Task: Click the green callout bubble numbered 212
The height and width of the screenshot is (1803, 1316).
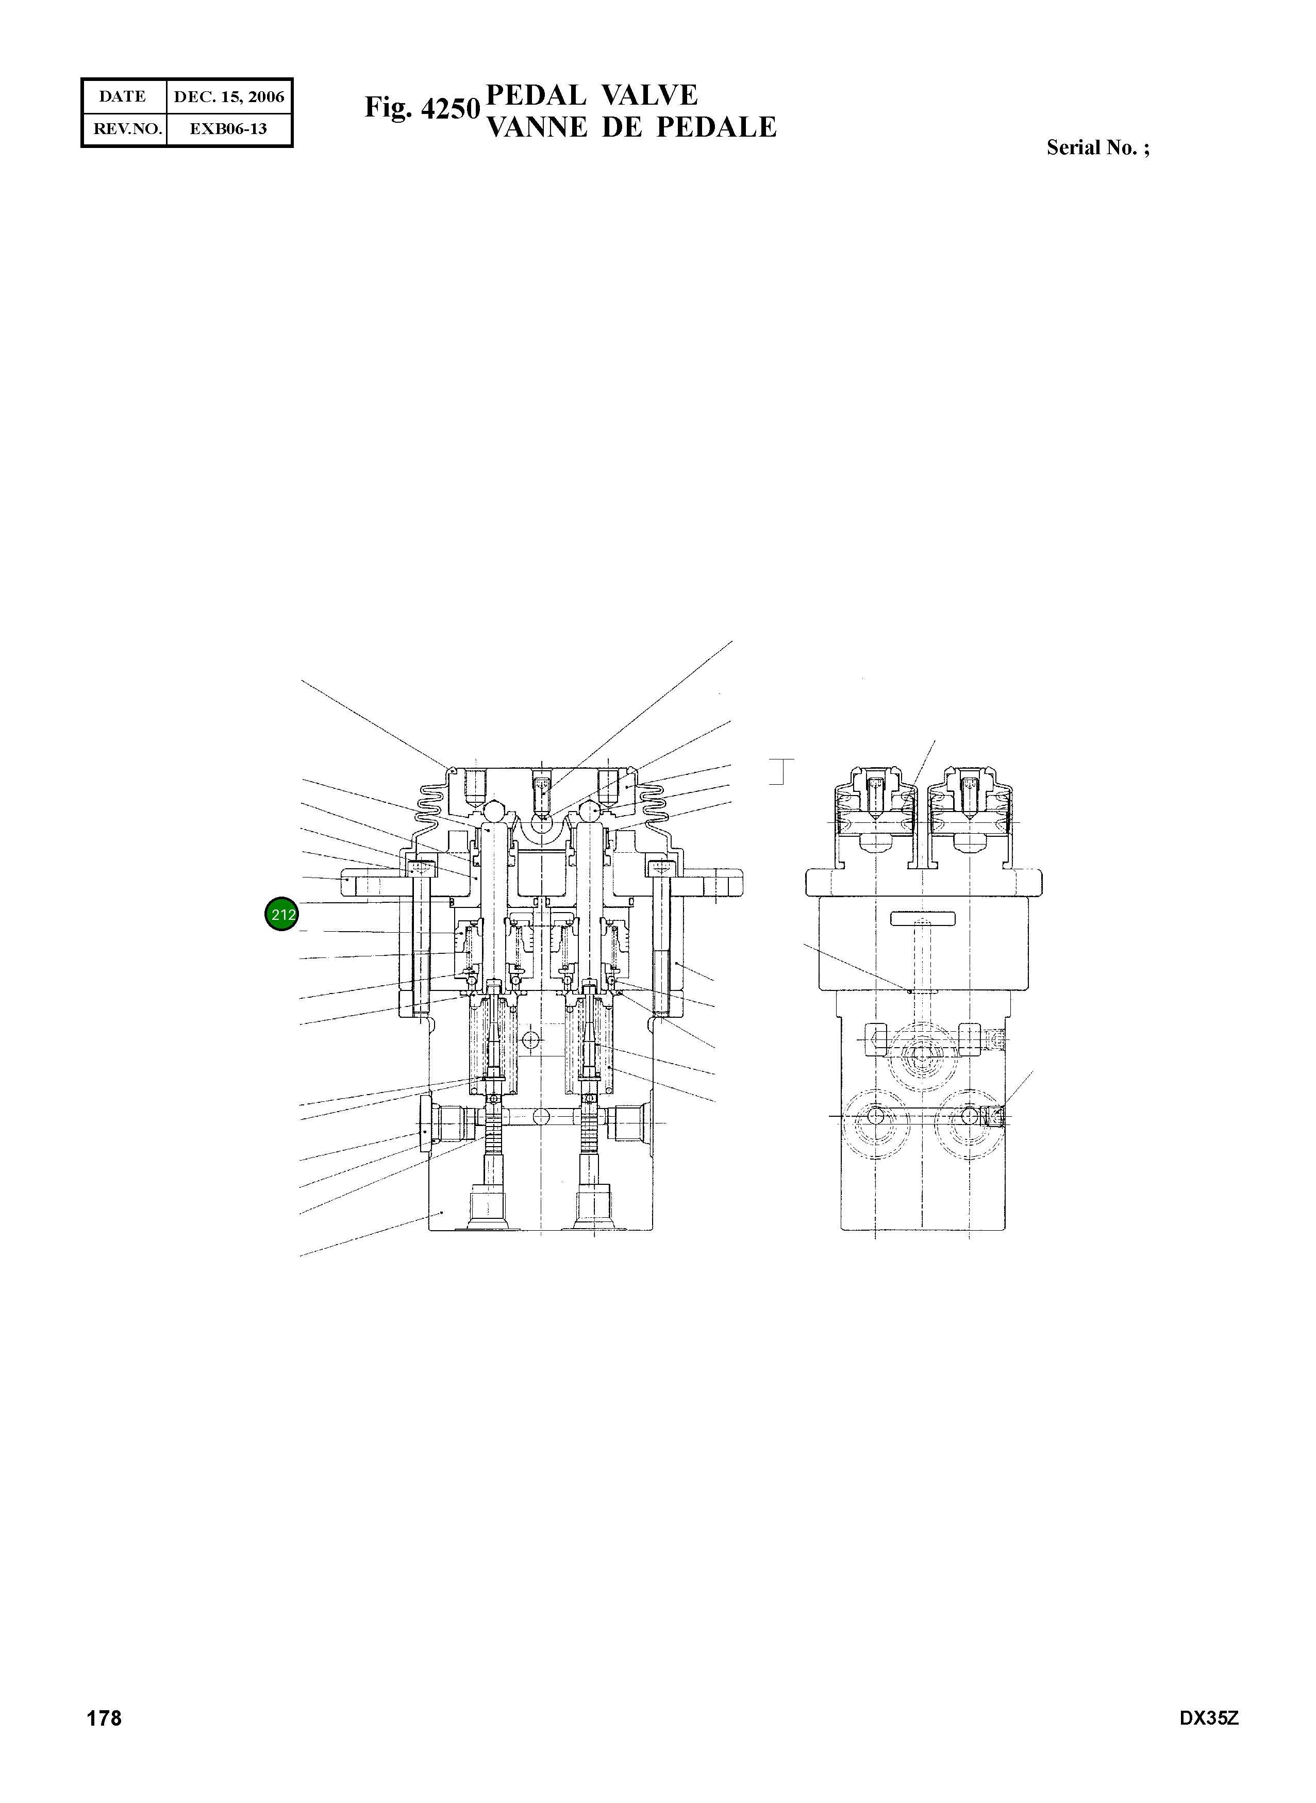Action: (280, 914)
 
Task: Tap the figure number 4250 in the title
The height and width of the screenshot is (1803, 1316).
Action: (450, 108)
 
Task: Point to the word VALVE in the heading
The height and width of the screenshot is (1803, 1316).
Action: (649, 95)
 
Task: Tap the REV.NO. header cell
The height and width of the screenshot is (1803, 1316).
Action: (124, 128)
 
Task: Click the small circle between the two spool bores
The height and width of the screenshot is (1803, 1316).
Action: (530, 1040)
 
